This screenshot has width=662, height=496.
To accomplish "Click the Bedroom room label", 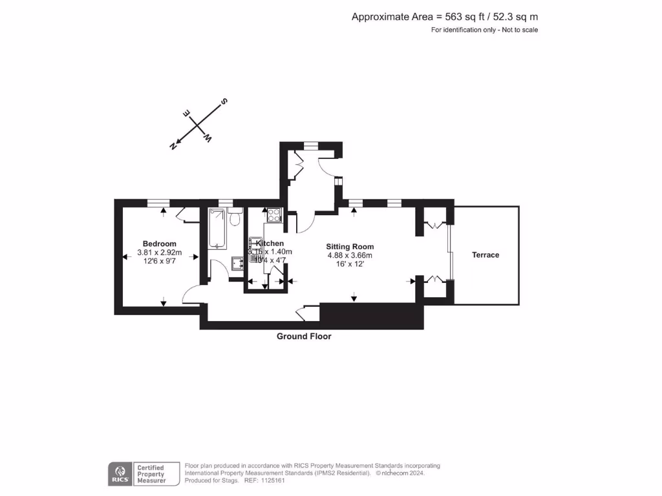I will [160, 243].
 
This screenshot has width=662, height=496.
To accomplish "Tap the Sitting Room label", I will [350, 247].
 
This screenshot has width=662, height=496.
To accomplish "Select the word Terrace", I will [486, 255].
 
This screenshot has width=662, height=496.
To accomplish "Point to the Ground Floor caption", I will [304, 336].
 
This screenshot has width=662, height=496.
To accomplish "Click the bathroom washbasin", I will [237, 262].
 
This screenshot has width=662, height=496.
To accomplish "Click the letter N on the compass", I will [173, 146].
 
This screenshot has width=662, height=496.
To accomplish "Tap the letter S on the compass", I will [224, 101].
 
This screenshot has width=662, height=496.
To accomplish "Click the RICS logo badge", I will [119, 473].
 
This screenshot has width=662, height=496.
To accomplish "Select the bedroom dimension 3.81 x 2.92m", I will [160, 253].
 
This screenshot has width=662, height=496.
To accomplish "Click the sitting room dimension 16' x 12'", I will [350, 264].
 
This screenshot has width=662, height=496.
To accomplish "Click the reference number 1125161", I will [272, 480].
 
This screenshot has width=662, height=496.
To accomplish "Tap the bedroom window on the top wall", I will [158, 203].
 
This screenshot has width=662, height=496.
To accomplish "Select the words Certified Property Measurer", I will [150, 474].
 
